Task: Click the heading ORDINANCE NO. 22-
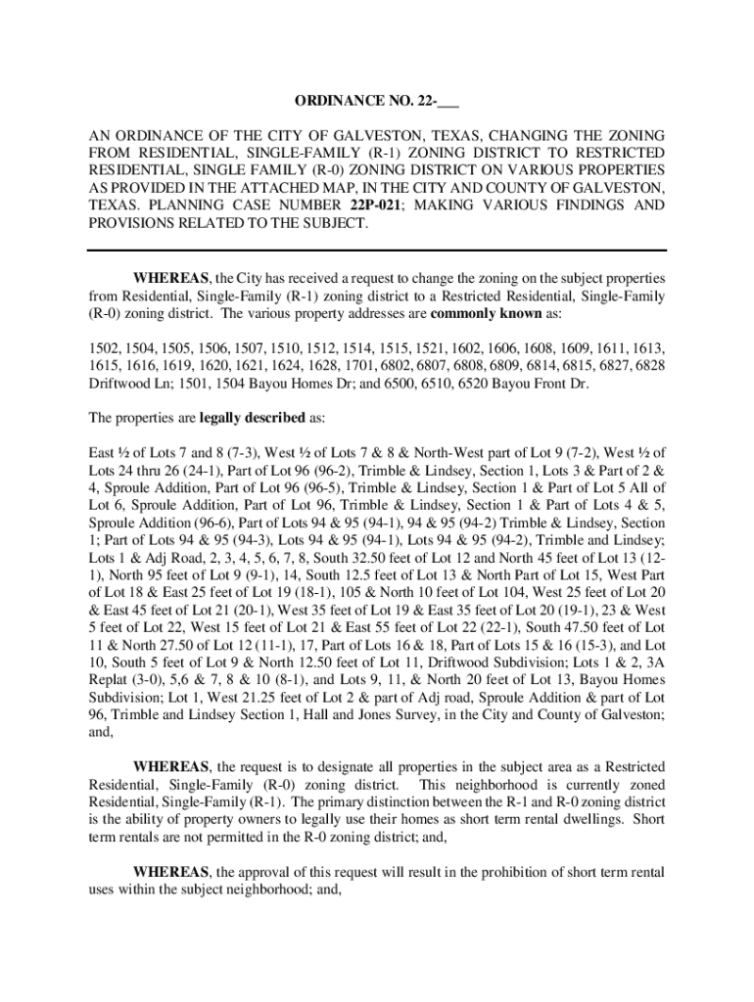[376, 101]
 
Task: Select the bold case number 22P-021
[376, 205]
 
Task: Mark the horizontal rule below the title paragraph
[377, 251]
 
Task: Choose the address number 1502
[103, 347]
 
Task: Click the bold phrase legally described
[253, 418]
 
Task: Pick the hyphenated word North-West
[470, 453]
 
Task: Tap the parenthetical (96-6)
[197, 524]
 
